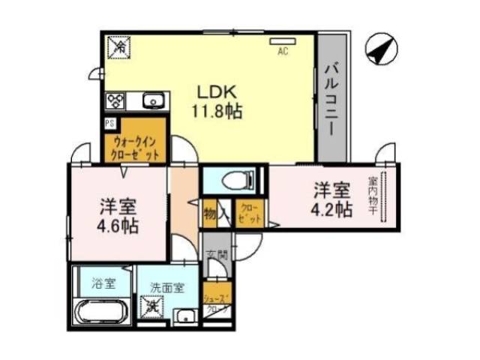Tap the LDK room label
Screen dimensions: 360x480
click(x=217, y=92)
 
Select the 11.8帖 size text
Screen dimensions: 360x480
click(x=217, y=111)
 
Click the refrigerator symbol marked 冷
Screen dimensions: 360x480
click(x=120, y=47)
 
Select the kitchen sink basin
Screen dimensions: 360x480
click(x=153, y=100)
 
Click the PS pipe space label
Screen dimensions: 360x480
click(x=109, y=124)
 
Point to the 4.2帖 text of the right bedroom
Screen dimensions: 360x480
click(x=330, y=210)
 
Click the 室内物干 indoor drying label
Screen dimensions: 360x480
click(x=373, y=198)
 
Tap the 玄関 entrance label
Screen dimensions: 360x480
click(x=213, y=256)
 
